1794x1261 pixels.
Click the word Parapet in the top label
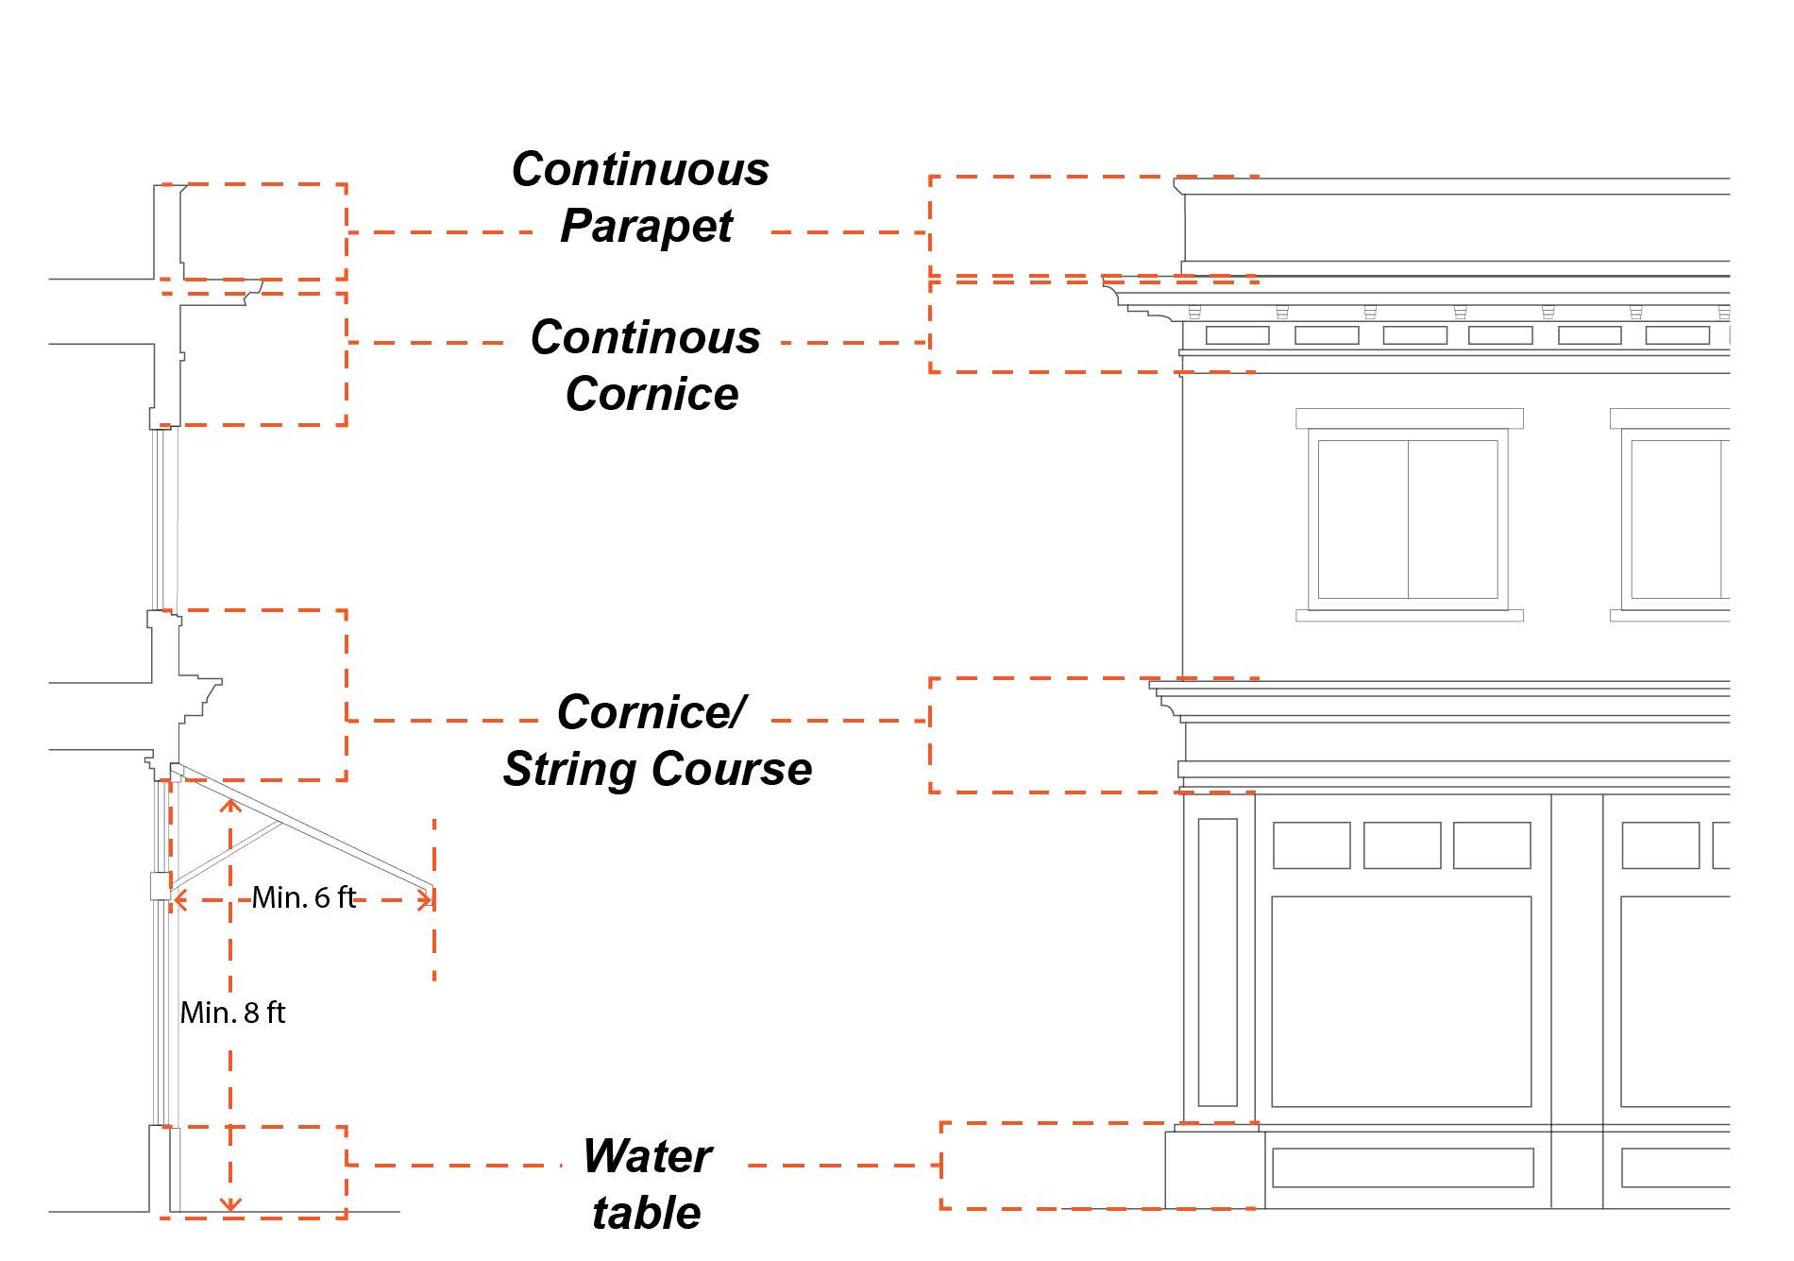point(647,227)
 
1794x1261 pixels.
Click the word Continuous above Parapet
point(640,170)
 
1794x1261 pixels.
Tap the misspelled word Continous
point(646,337)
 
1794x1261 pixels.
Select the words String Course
point(657,769)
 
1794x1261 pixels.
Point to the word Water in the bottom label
point(647,1156)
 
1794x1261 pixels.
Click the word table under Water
point(647,1213)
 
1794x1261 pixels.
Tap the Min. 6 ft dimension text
point(304,897)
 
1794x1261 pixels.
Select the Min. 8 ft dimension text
point(232,1013)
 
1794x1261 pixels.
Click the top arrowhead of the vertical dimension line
point(230,805)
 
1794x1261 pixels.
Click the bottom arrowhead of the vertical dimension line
point(230,1204)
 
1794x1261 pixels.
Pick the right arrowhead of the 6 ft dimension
point(427,900)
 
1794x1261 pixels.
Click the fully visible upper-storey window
point(1408,519)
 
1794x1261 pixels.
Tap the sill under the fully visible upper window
point(1409,616)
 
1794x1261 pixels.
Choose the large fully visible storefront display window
point(1401,1001)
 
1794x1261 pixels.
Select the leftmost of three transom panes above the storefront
point(1312,845)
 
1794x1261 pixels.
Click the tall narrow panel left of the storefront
point(1217,962)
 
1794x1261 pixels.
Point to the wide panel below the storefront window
point(1402,1167)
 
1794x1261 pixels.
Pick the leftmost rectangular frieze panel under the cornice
point(1237,335)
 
